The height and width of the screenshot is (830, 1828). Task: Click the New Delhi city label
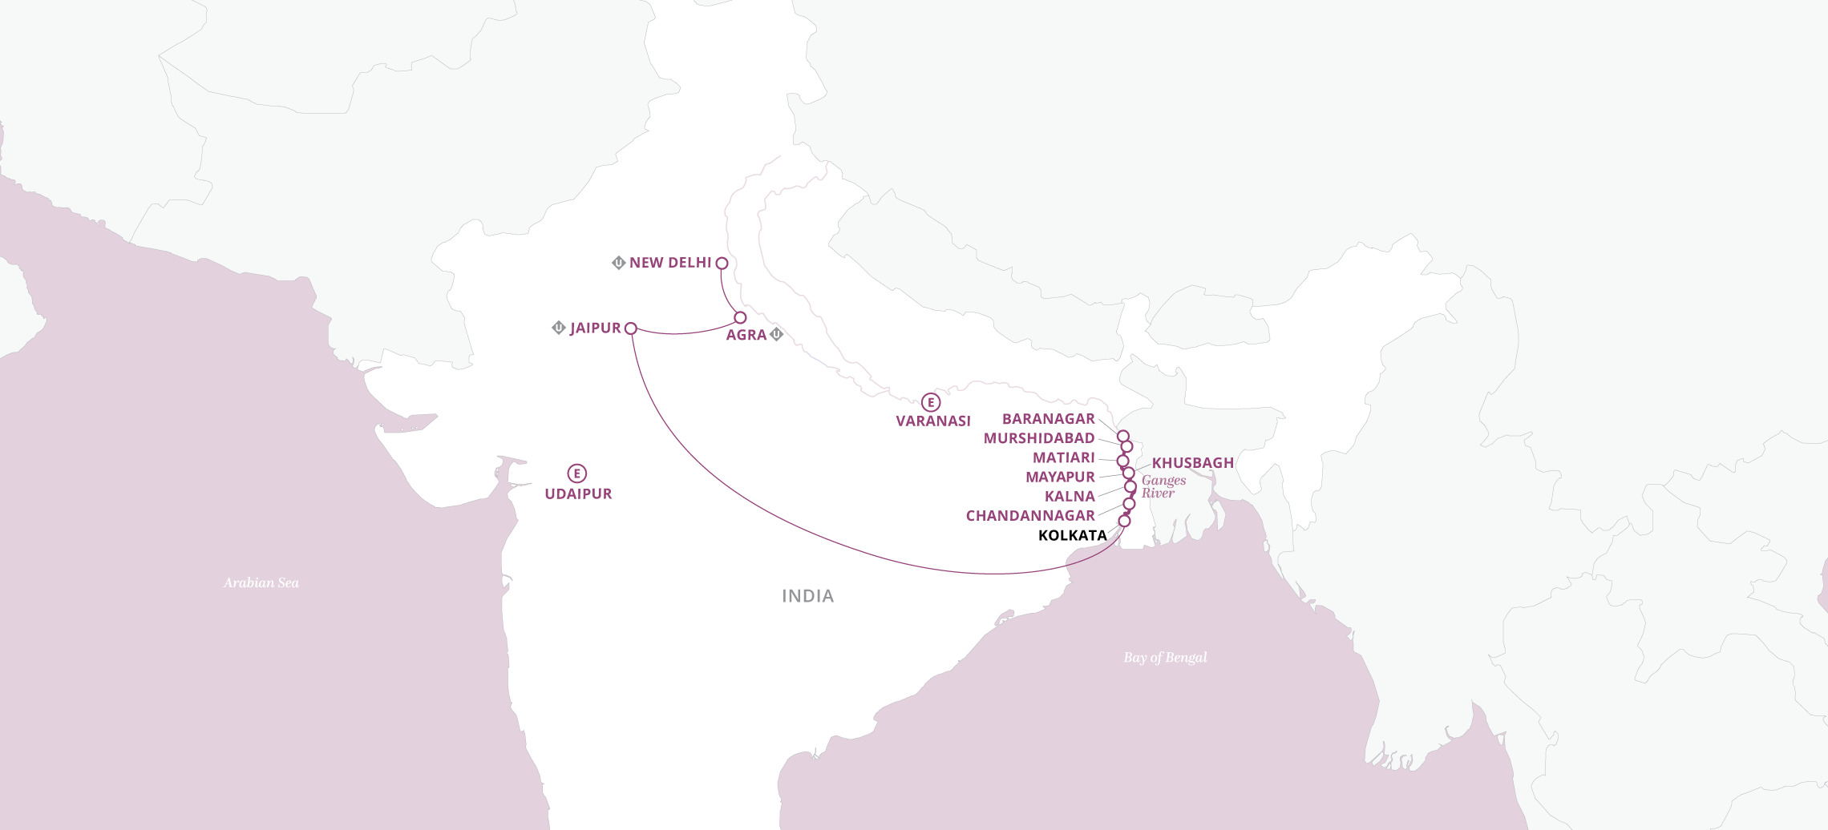point(670,263)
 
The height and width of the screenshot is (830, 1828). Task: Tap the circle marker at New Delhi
point(722,263)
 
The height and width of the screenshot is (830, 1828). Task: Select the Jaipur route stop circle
point(631,328)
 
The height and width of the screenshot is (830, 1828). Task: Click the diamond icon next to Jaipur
point(559,328)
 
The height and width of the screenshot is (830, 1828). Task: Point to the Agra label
point(746,335)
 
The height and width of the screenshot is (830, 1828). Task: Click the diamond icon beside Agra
point(776,334)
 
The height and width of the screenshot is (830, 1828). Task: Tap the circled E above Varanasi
point(930,402)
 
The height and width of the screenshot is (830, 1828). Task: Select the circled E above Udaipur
point(576,473)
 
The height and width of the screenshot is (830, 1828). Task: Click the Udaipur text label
point(578,494)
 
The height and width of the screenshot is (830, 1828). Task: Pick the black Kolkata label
point(1072,535)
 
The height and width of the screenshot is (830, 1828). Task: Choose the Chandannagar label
point(1030,516)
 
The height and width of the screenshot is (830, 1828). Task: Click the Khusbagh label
point(1192,463)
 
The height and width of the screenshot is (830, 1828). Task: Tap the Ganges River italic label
point(1163,486)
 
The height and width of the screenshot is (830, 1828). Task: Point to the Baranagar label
point(1048,419)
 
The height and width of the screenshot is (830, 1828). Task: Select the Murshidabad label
point(1038,438)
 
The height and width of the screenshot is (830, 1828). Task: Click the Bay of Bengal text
point(1165,658)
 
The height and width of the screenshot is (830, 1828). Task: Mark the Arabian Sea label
point(261,583)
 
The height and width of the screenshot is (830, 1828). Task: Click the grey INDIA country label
point(807,596)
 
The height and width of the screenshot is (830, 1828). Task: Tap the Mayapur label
point(1060,477)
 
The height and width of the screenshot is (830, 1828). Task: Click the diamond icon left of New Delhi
point(618,263)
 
